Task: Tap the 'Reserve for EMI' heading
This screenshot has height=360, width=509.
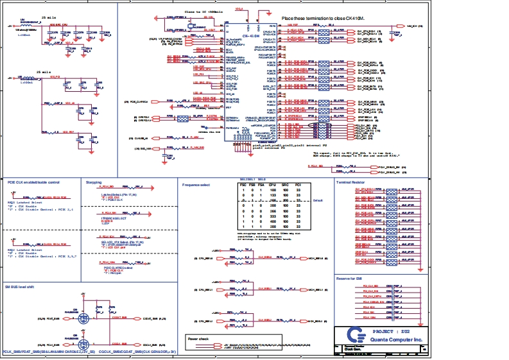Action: coord(352,278)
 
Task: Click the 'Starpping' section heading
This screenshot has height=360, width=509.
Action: coord(94,182)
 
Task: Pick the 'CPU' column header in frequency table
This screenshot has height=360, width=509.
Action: coord(273,185)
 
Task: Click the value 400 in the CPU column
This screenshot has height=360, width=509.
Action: coord(273,221)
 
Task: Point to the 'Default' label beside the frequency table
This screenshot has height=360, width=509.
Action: coord(317,200)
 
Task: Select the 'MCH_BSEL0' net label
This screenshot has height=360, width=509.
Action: coord(317,258)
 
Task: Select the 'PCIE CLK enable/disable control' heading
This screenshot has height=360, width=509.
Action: coord(33,182)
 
